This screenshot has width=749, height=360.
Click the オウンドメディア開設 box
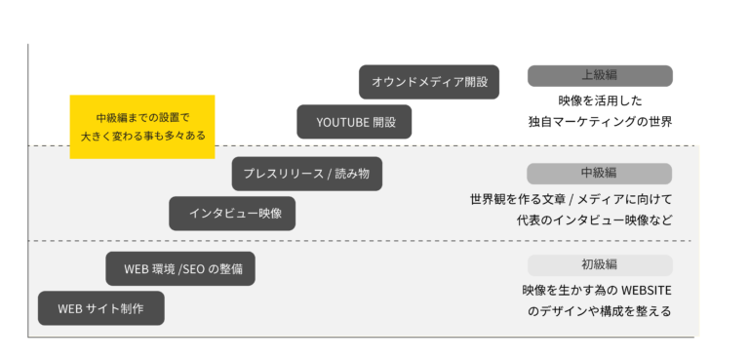429,82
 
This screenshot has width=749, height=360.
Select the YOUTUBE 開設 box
354,122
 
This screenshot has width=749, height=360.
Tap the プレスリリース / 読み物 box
306,174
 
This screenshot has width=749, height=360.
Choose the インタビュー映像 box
232,214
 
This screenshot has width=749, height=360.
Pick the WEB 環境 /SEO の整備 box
180,268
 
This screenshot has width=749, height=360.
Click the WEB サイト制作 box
101,308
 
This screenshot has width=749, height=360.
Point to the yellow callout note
142,127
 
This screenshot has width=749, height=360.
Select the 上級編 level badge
600,76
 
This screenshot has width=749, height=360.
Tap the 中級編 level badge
600,174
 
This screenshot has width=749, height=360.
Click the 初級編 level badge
600,265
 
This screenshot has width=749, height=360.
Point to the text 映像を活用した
600,100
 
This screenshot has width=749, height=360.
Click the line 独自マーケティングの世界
600,122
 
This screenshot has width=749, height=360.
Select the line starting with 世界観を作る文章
571,199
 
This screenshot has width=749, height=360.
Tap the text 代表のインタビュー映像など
594,220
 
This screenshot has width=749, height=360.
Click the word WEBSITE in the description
647,290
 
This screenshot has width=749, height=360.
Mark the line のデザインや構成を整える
600,312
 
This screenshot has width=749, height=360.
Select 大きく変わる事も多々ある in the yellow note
142,136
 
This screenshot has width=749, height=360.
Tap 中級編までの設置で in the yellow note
142,118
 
